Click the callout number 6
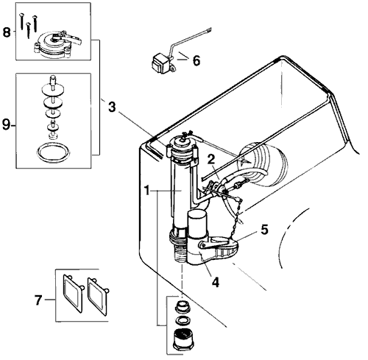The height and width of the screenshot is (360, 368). tap(196, 61)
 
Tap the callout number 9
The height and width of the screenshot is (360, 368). tap(7, 124)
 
